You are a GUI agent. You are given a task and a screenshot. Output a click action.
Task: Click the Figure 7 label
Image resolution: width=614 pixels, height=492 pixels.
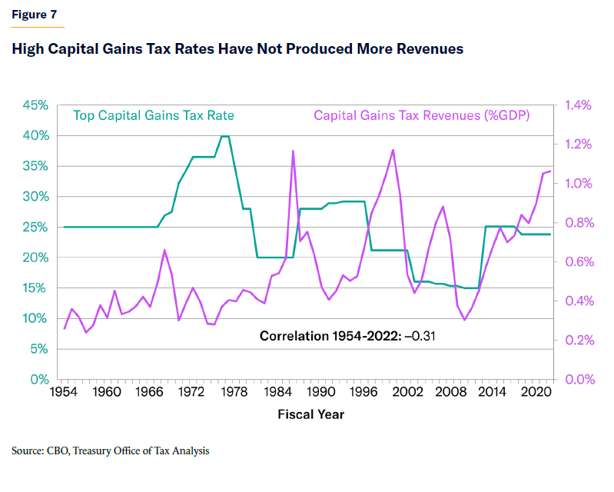click(33, 15)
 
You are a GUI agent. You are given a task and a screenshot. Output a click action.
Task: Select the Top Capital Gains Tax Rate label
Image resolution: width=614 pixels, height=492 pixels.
click(154, 116)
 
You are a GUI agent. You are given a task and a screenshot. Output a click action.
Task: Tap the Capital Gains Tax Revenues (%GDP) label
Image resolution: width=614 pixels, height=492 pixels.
click(421, 116)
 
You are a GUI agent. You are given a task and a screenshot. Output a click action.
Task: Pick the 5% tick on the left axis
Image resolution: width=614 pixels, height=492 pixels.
click(39, 349)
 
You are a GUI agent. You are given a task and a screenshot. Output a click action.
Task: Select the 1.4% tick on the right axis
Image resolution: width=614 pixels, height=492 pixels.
click(579, 105)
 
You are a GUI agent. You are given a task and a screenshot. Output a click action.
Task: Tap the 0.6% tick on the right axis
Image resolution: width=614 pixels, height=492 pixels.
click(579, 262)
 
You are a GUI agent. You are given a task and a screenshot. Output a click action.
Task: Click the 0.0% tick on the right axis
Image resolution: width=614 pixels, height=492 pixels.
click(579, 380)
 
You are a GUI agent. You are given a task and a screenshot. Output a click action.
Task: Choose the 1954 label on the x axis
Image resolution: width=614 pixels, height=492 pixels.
click(65, 393)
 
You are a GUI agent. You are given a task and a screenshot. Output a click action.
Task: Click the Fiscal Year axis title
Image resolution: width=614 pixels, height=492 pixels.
click(310, 415)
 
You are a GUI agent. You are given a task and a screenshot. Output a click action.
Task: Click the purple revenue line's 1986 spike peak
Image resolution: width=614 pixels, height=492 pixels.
click(293, 151)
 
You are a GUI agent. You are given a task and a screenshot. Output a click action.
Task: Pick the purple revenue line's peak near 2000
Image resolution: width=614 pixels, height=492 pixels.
click(393, 150)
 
